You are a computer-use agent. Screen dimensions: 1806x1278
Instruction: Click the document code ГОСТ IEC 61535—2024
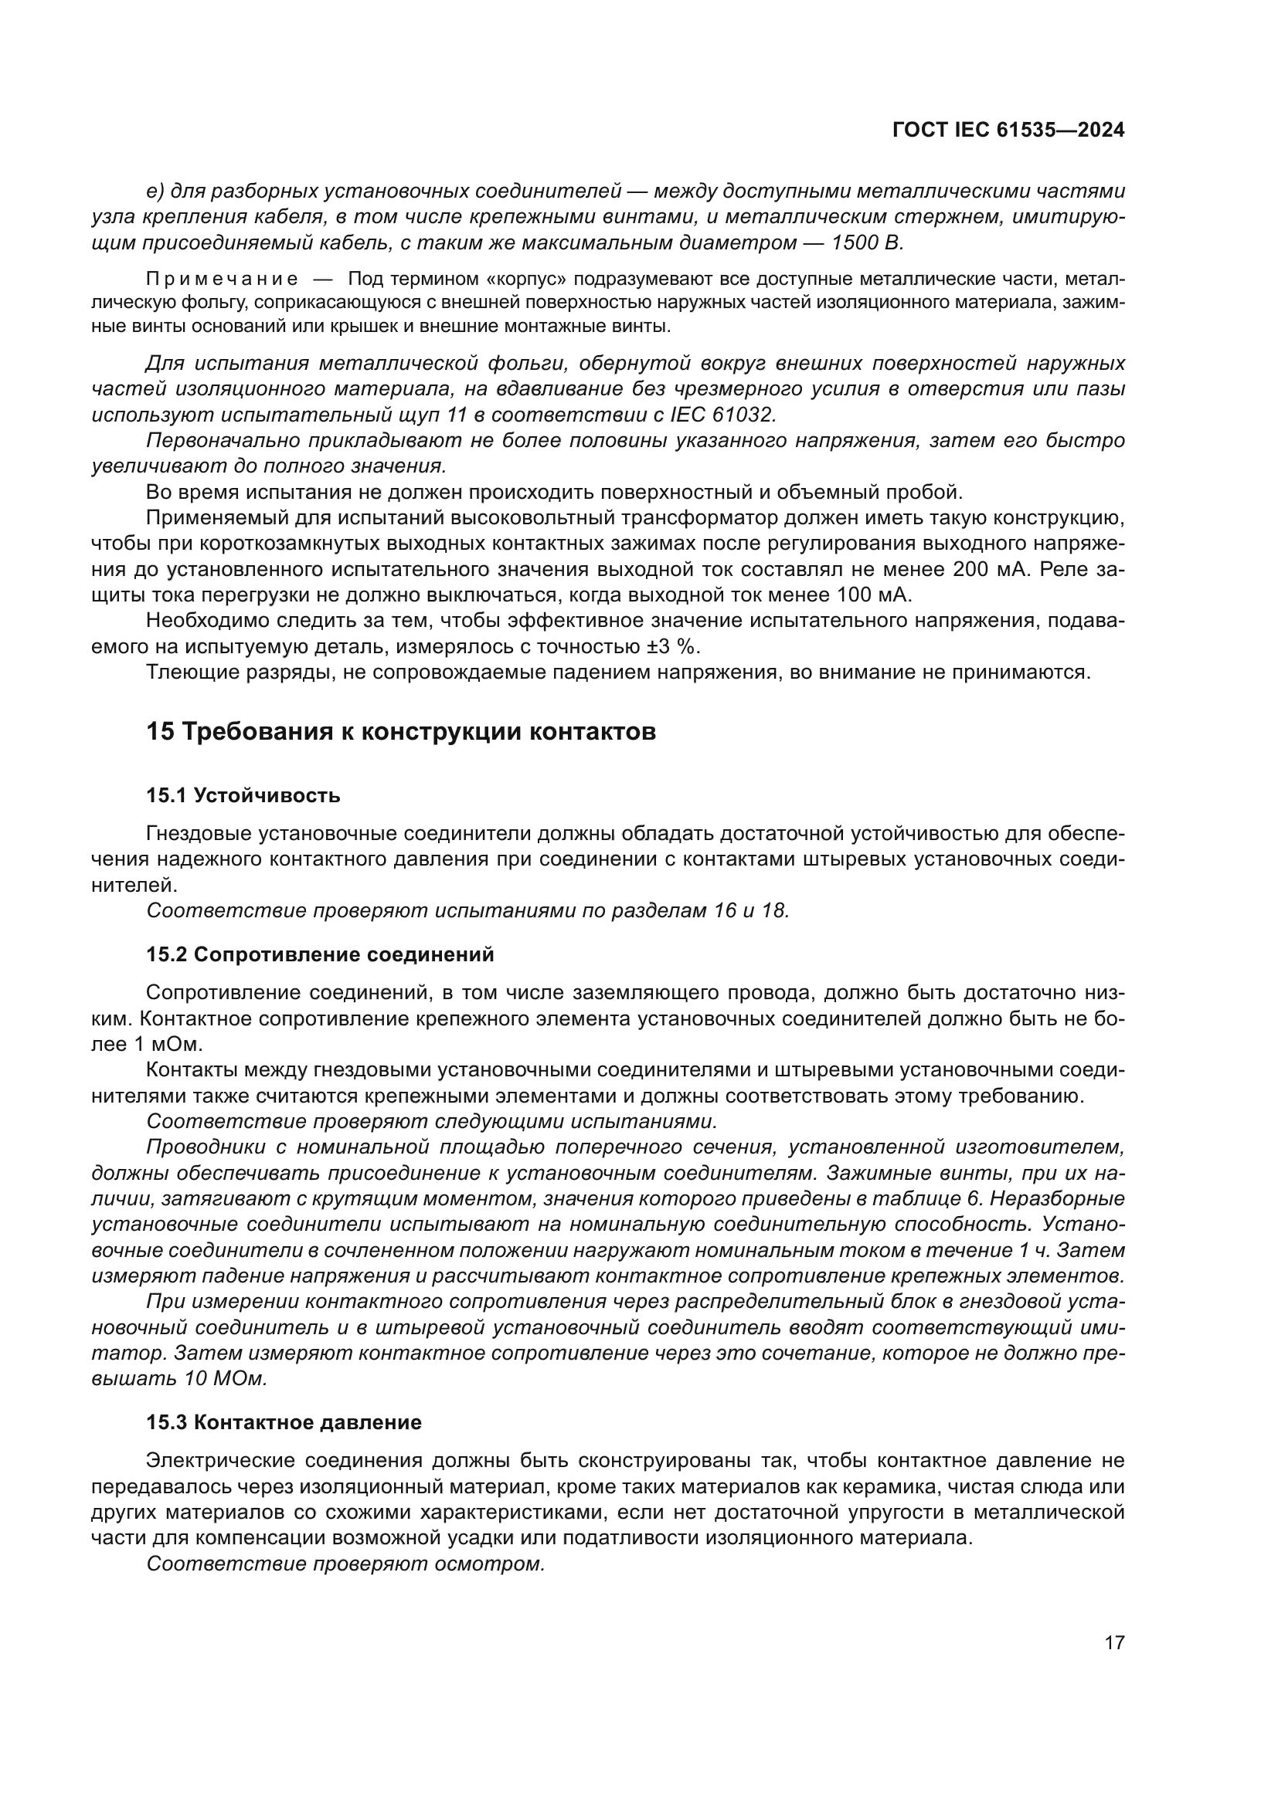(x=1008, y=130)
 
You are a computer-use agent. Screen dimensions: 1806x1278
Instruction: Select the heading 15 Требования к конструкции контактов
(x=400, y=731)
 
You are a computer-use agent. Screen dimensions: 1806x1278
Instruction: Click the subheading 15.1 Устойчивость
(x=243, y=795)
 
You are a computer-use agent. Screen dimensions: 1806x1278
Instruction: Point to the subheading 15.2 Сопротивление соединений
(x=321, y=955)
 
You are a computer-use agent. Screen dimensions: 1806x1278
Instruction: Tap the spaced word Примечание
(x=222, y=280)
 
